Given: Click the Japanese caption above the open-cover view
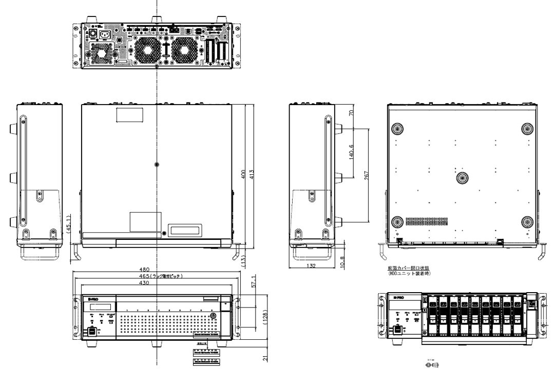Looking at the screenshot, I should [409, 270].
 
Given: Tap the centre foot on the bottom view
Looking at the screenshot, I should [462, 177].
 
